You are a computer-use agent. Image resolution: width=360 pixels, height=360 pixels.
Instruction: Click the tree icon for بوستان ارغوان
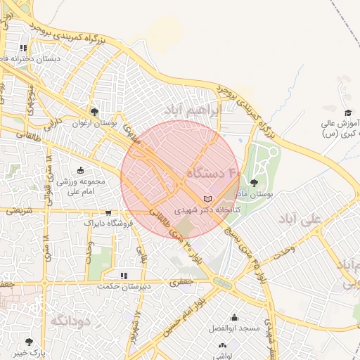[94, 111]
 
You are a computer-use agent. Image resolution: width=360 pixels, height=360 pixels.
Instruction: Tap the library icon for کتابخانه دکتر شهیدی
[206, 199]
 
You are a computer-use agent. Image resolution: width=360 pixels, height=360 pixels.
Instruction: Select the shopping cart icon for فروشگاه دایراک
[108, 212]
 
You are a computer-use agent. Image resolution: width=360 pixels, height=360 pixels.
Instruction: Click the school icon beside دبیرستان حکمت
[124, 275]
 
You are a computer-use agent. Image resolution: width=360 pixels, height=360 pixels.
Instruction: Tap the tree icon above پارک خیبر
[29, 342]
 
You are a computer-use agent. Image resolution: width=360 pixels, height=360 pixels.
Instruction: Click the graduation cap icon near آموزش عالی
[347, 112]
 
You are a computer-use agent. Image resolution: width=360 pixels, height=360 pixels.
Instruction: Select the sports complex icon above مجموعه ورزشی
[80, 169]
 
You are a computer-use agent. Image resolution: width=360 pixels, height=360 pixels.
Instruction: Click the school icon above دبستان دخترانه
[23, 48]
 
